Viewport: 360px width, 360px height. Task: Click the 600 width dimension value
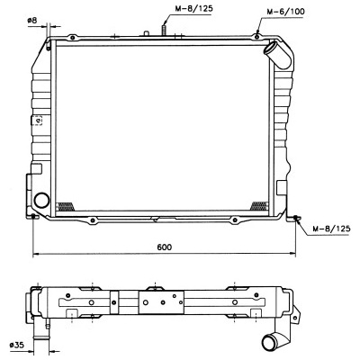[165, 247]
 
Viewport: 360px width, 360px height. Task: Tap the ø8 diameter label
[31, 21]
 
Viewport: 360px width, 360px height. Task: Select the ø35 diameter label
[16, 345]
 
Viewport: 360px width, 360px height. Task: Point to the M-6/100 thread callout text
[285, 12]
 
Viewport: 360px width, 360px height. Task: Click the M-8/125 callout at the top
[193, 8]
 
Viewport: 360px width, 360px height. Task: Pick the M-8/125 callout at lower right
[331, 229]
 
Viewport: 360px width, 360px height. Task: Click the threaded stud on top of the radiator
[164, 31]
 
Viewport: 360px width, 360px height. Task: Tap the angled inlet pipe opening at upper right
[270, 49]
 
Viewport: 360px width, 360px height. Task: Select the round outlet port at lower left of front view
[41, 201]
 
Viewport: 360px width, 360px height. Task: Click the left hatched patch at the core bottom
[66, 206]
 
